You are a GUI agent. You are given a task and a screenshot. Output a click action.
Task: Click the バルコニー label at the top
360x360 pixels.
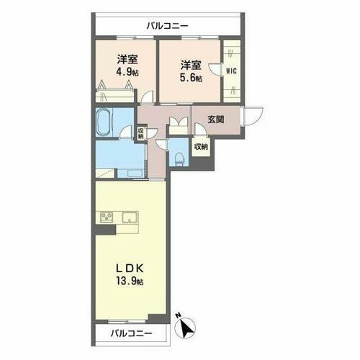167,26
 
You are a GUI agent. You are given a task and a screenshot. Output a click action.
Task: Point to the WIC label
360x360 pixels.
232,71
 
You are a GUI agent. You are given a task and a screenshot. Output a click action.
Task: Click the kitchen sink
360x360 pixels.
130,217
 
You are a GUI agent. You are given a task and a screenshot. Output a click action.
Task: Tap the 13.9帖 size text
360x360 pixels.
130,282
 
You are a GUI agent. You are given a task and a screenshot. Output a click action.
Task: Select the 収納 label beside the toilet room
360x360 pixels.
201,147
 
